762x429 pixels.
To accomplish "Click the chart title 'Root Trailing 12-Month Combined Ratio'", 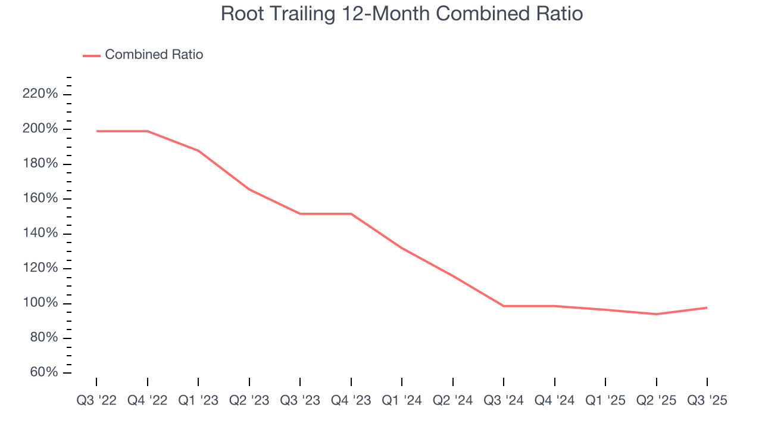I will (x=401, y=14).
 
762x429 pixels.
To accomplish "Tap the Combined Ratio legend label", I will (x=154, y=55).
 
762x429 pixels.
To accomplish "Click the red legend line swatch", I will (x=91, y=55).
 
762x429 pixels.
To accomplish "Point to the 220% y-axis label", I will (x=40, y=94).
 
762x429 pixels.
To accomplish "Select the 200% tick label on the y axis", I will (x=40, y=129).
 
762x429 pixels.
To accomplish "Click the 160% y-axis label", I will (x=40, y=199).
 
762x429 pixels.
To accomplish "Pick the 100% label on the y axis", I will (x=40, y=303).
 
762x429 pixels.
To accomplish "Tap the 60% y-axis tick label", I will (x=43, y=373).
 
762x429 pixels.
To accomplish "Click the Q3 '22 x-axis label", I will (x=96, y=400).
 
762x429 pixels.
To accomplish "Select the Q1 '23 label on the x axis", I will (x=198, y=400).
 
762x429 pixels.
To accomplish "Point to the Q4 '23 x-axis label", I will (x=351, y=400).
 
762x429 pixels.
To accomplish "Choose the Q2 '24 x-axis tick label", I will (x=453, y=400).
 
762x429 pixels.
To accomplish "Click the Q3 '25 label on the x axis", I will (x=707, y=400).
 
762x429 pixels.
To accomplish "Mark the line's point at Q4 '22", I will (x=147, y=131).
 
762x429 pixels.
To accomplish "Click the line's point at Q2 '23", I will (x=249, y=189).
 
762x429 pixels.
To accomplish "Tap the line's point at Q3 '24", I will (x=504, y=306).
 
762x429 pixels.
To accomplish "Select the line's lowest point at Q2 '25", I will (x=656, y=314).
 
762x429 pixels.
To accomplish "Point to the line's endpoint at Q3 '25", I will (x=707, y=307).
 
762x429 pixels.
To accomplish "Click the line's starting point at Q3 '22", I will (x=96, y=131).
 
